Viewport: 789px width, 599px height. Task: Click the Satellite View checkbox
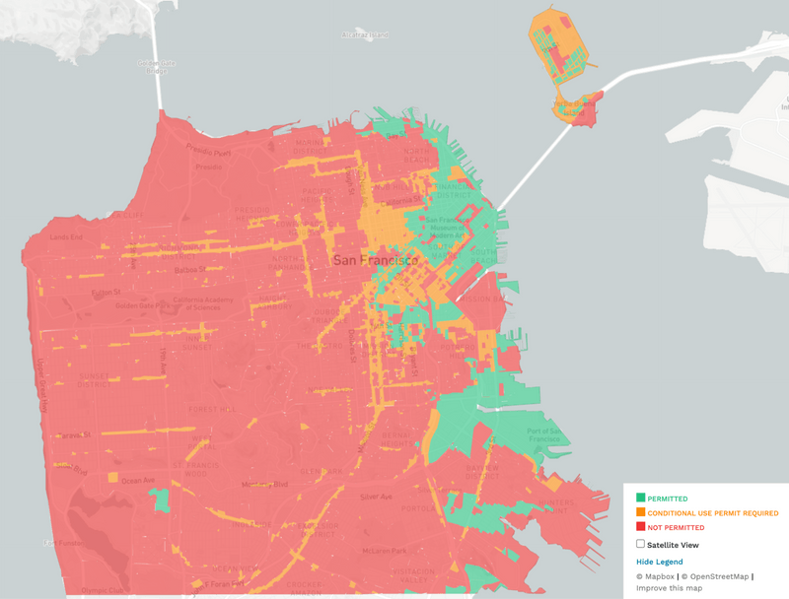point(641,543)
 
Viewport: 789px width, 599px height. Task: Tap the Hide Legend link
point(659,562)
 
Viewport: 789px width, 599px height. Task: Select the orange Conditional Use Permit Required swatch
point(641,513)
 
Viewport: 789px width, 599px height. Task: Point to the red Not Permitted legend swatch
point(641,527)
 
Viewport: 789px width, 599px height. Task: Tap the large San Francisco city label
point(376,260)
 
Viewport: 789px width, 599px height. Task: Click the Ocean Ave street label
point(137,481)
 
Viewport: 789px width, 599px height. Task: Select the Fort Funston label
point(55,543)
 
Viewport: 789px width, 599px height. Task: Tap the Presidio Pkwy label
point(210,151)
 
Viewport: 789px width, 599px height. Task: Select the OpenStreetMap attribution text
point(716,575)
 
